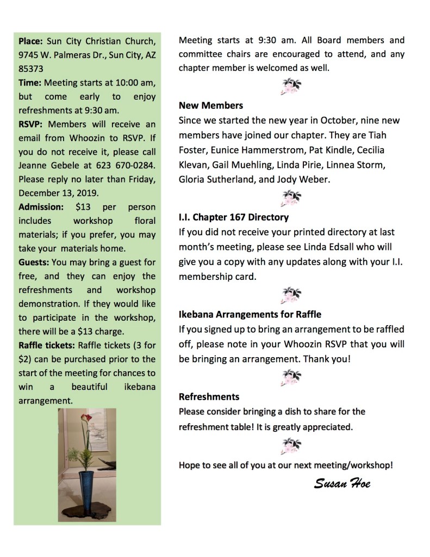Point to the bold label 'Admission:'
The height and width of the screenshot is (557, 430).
coord(41,207)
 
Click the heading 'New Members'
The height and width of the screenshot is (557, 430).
coord(211,105)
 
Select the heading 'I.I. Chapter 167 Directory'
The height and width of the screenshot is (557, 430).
coord(234,217)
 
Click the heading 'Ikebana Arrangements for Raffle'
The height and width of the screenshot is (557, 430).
coord(250,314)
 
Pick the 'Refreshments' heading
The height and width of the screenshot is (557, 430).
coord(209,396)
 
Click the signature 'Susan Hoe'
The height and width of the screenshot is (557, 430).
coord(342,483)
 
